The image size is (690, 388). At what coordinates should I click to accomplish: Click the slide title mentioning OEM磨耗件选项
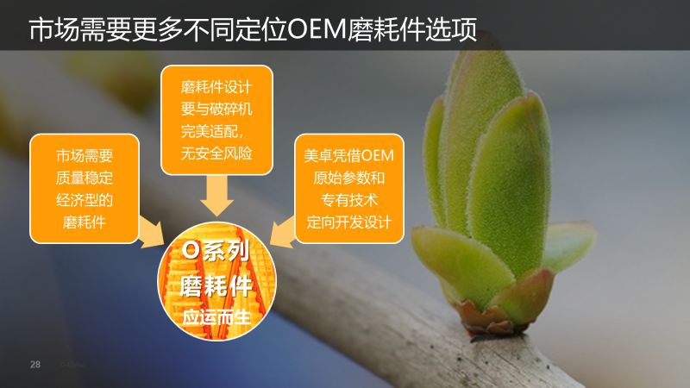point(253,29)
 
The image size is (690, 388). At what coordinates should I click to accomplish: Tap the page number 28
point(35,364)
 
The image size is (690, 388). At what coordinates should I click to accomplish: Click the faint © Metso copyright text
point(72,365)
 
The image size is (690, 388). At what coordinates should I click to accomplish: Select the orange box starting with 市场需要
point(85,189)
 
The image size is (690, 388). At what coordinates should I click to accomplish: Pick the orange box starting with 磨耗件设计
point(217,120)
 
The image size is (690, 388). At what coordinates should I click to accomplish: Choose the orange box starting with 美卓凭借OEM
point(349,189)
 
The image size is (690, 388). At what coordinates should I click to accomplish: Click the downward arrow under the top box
point(217,196)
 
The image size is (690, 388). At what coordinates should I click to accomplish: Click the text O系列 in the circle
point(216,251)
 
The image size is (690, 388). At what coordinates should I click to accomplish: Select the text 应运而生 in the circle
point(216,317)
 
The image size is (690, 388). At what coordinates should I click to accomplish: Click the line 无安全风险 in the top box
point(216,153)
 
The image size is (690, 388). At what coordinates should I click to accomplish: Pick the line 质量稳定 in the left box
point(85,178)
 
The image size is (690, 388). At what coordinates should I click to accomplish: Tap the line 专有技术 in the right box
point(349,200)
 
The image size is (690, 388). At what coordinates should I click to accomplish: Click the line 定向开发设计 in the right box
point(349,222)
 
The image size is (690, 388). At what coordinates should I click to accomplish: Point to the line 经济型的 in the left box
point(85,200)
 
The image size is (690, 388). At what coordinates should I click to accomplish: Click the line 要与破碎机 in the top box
point(216,110)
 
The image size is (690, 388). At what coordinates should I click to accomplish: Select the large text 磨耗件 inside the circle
point(216,286)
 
